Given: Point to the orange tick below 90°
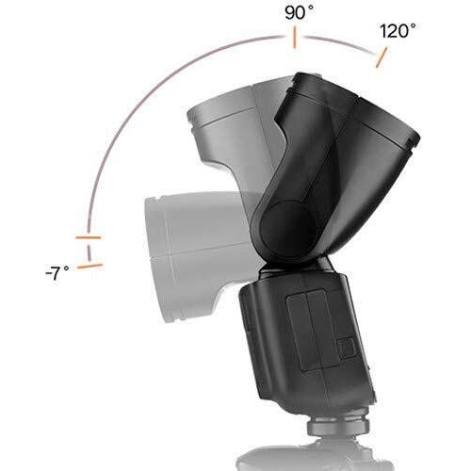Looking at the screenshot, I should tap(294, 39).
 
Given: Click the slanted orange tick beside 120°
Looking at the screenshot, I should tap(381, 57).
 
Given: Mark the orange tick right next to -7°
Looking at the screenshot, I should tap(89, 267).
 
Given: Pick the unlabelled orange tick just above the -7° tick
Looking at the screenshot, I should tap(89, 237).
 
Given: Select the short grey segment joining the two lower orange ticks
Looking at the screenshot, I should tap(89, 252).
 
